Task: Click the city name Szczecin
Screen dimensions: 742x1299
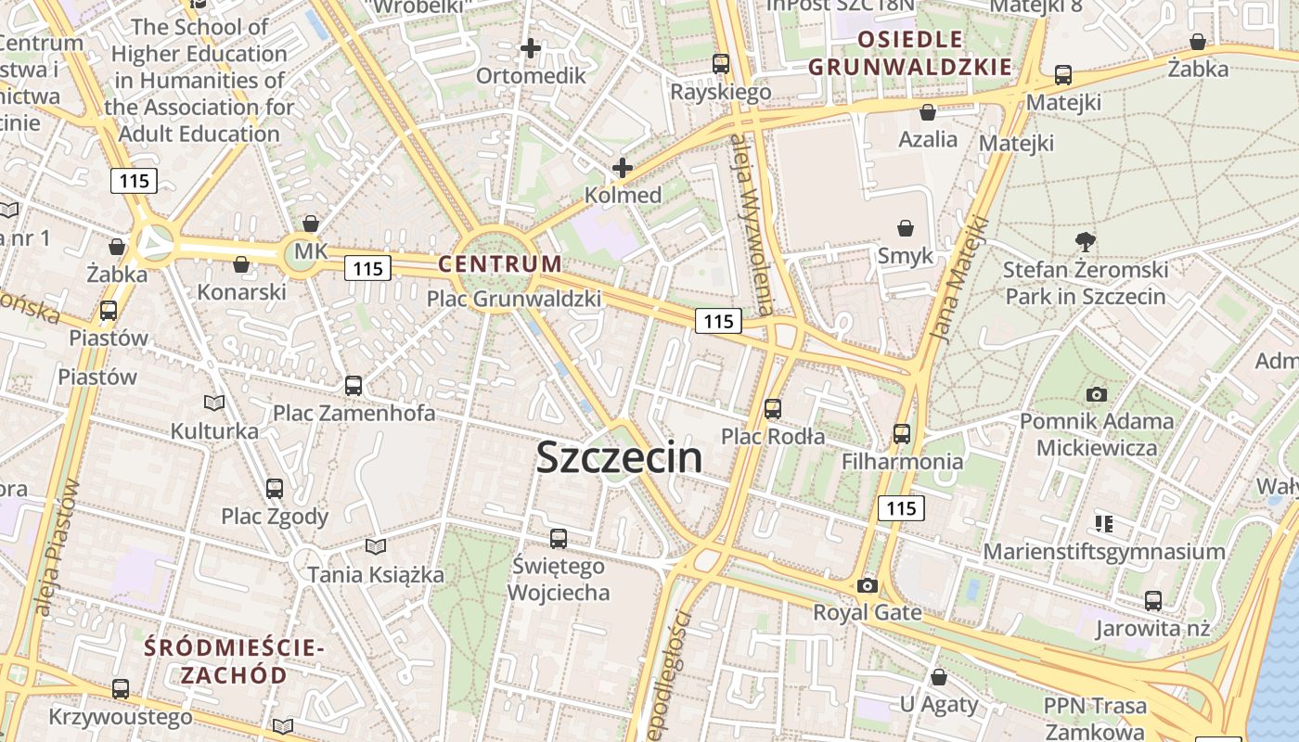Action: pyautogui.click(x=619, y=457)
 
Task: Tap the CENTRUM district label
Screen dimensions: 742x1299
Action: pyautogui.click(x=500, y=263)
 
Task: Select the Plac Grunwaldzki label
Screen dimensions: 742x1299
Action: pyautogui.click(x=513, y=299)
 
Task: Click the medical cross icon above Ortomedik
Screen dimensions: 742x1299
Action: pyautogui.click(x=531, y=48)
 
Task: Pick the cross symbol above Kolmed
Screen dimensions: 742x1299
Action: pyautogui.click(x=623, y=168)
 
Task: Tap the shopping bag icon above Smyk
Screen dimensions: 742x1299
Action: pyautogui.click(x=906, y=228)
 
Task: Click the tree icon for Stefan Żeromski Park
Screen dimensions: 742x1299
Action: pyautogui.click(x=1085, y=243)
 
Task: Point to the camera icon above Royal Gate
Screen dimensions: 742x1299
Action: pyautogui.click(x=868, y=585)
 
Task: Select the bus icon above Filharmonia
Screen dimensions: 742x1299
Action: pyautogui.click(x=902, y=433)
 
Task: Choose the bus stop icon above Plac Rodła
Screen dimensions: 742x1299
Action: pyautogui.click(x=773, y=408)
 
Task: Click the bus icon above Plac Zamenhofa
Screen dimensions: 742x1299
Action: pyautogui.click(x=354, y=386)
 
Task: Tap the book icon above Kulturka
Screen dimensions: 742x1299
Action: pyautogui.click(x=214, y=403)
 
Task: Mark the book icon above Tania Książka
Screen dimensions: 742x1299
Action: pyautogui.click(x=375, y=546)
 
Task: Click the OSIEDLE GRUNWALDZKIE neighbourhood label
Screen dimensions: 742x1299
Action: pyautogui.click(x=909, y=53)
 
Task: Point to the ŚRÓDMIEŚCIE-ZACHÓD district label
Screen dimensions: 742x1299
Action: pyautogui.click(x=234, y=661)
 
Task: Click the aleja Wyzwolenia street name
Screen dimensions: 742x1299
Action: pyautogui.click(x=752, y=223)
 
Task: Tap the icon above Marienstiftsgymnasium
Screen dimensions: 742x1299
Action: pyautogui.click(x=1104, y=524)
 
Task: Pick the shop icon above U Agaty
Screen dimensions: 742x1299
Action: pyautogui.click(x=939, y=677)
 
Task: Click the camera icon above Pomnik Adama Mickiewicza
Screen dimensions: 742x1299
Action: pyautogui.click(x=1097, y=394)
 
